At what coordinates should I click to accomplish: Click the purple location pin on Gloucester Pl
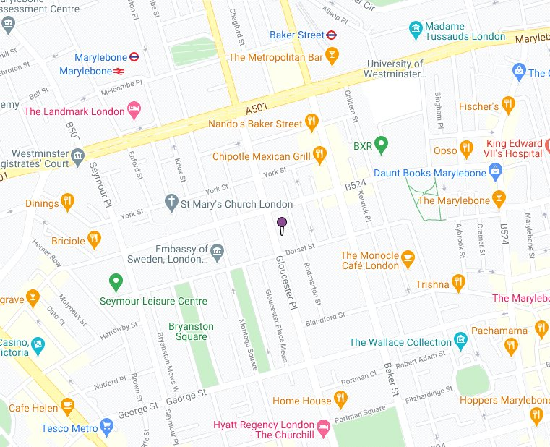point(282,223)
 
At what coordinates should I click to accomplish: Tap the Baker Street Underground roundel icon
point(331,34)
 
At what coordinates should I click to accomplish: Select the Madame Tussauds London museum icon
point(415,30)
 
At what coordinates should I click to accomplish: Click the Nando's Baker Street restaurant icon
point(312,122)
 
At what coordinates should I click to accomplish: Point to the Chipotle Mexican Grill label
point(261,156)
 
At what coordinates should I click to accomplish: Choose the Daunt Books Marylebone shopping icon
point(495,173)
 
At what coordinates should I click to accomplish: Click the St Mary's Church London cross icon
point(171,203)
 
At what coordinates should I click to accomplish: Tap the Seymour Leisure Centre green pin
point(114,281)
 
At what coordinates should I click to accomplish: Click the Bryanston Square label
point(192,332)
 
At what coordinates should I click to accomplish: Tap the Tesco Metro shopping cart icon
point(107,427)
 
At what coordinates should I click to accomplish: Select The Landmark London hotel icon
point(134,111)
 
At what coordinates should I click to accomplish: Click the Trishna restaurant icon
point(457,283)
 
